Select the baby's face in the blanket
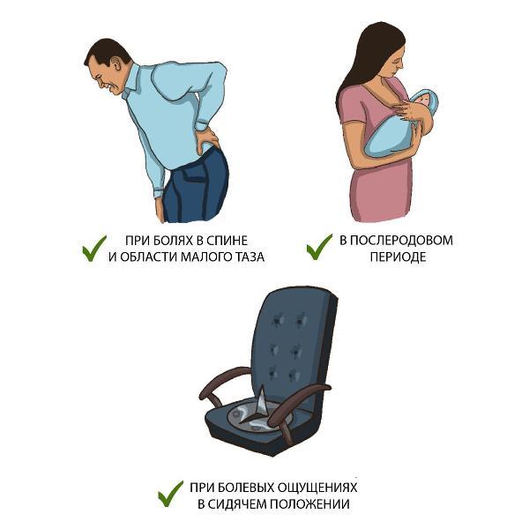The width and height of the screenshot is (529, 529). click(x=421, y=101)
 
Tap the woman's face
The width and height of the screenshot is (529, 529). click(x=395, y=63)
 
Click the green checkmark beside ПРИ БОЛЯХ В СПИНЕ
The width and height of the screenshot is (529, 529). click(x=94, y=248)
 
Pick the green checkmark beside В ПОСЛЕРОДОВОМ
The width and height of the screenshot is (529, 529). click(x=319, y=247)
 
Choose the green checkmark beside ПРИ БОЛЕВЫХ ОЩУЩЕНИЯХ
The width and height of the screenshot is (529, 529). click(x=170, y=494)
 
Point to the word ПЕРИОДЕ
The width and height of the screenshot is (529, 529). click(x=398, y=257)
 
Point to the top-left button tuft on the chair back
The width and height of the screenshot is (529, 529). click(x=278, y=319)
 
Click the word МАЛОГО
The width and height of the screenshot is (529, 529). click(x=204, y=257)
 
